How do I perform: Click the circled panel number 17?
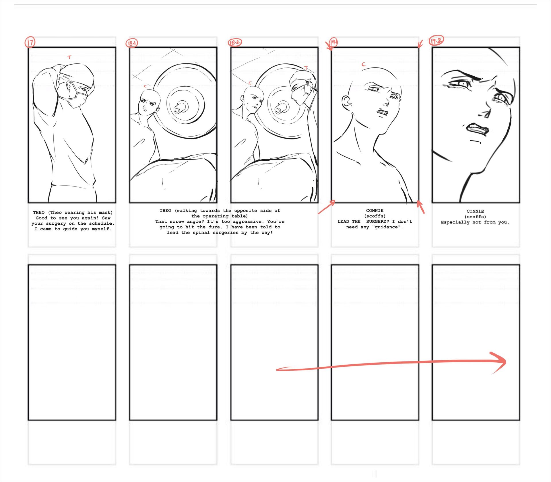pos(30,42)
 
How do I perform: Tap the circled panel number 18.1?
pos(132,43)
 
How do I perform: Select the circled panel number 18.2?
pos(235,42)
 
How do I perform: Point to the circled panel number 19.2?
pos(436,41)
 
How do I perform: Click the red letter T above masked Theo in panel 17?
pos(69,57)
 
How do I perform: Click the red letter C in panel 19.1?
pos(364,64)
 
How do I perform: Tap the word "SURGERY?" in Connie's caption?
pos(378,221)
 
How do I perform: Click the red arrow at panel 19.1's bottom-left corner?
pos(326,207)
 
